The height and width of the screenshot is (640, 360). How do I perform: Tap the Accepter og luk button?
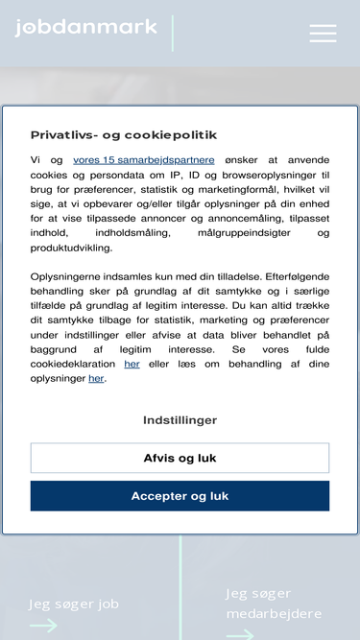180,496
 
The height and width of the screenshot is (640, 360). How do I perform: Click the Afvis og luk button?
180,458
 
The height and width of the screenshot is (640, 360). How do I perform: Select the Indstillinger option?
180,420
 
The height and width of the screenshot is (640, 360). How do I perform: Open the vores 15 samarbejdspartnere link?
144,160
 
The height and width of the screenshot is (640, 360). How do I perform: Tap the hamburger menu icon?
323,34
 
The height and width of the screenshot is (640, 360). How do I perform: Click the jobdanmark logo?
86,28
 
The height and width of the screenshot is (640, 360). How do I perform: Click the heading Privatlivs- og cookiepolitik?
124,135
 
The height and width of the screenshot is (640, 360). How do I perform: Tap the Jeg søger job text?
74,604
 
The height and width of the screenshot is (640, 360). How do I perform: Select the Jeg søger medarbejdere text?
274,604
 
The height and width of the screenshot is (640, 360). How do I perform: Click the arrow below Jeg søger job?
43,626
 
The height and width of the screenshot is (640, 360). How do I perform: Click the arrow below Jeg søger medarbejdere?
240,633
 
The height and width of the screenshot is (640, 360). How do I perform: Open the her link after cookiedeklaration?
132,364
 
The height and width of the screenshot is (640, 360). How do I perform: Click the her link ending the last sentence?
96,378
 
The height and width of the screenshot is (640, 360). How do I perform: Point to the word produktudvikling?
71,247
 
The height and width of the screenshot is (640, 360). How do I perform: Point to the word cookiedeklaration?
70,364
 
